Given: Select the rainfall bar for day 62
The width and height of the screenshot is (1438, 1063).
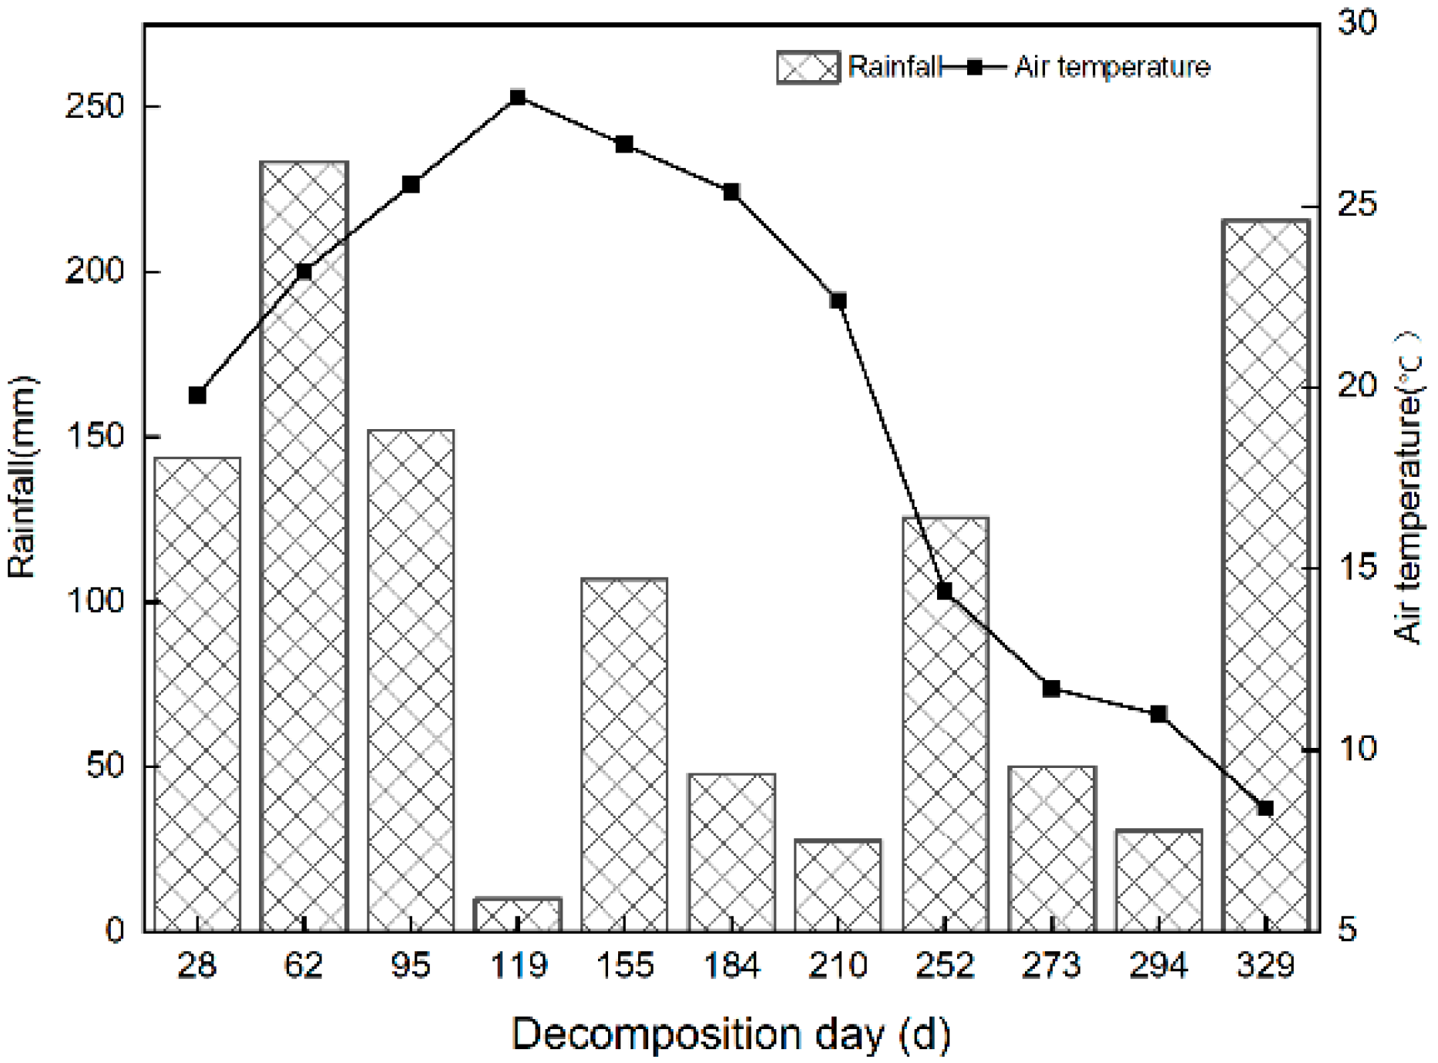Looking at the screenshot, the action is coord(304,546).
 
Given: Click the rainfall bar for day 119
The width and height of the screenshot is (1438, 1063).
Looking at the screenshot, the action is coord(518,914).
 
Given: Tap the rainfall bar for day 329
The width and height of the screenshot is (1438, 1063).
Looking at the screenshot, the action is coord(1265,575).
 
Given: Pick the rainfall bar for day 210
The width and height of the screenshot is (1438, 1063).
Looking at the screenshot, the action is coord(838,885).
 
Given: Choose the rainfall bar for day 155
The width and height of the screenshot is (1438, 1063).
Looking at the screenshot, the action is coord(624,754).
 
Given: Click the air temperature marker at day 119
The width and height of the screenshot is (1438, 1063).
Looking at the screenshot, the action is coord(518,98).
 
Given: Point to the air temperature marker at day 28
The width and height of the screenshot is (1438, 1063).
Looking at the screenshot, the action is coord(197,395).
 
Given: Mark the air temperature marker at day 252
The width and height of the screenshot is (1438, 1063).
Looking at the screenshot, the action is coord(945,591).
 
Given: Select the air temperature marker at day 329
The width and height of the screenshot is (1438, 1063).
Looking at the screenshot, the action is coord(1265,808).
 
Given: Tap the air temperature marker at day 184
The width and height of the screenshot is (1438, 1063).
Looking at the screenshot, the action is coord(731,192).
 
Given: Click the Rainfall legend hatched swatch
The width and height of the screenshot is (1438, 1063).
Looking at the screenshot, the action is coord(808,68).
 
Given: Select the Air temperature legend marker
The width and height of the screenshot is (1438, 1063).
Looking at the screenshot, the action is coord(975,68).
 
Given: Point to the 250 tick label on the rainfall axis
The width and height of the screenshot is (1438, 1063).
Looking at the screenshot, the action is coord(96,106).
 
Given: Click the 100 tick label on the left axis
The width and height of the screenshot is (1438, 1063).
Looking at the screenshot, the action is coord(96,602).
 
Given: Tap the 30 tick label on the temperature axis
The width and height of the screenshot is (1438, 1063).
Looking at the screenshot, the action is coord(1357,23).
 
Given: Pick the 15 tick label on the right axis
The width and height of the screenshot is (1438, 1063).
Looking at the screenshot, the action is coord(1357,568).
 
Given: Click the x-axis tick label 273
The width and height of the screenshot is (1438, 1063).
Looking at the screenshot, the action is coord(1052,965).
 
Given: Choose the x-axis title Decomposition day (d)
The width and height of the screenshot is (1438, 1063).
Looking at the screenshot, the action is coord(731,1034).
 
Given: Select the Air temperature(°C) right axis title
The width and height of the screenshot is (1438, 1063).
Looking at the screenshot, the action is coord(1408,487).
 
